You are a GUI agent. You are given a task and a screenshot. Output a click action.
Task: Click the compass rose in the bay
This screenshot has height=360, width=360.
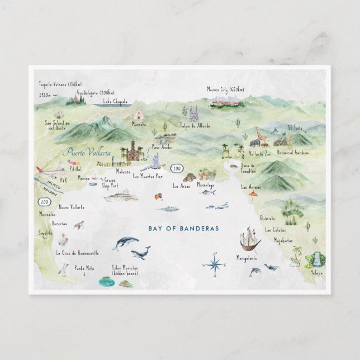pos(214,265)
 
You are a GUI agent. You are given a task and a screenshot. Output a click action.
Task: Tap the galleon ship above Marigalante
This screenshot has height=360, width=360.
pos(249,240)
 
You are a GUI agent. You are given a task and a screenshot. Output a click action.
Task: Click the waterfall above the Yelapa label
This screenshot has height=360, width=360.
pos(317,258)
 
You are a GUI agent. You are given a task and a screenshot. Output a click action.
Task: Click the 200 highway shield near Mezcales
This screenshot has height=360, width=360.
pos(44,202)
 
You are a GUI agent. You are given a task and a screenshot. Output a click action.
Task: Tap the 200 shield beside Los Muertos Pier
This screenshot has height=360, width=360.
pos(177,167)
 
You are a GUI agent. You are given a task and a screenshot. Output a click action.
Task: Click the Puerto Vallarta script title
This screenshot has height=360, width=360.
pos(87,151)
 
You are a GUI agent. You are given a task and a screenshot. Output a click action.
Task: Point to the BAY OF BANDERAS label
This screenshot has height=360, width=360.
pos(183,228)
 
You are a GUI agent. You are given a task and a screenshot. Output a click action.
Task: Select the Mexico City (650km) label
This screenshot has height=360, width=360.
pos(226,89)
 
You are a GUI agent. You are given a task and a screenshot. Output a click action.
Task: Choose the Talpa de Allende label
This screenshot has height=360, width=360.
pos(195,126)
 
